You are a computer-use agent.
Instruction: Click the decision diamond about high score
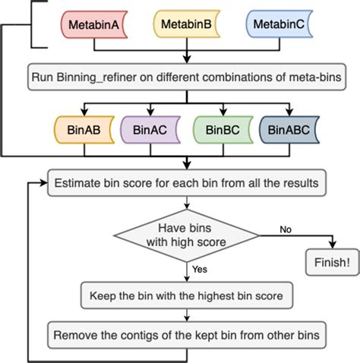(187, 236)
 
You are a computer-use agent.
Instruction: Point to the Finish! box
(331, 263)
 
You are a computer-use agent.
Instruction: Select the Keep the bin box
(187, 294)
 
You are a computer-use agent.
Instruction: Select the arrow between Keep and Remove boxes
(187, 313)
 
